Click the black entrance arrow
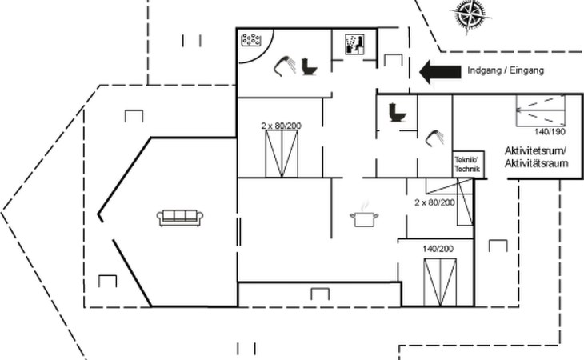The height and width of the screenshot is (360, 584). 439,72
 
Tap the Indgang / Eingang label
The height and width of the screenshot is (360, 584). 505,71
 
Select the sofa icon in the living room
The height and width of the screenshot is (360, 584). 181,217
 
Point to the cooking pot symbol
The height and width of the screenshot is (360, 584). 364,216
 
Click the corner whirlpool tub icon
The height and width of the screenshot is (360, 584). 254,39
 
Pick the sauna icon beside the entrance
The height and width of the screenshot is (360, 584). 354,43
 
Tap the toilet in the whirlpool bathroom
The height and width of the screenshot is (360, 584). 309,66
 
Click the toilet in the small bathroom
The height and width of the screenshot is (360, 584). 396,113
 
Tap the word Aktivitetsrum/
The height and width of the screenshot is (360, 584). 535,151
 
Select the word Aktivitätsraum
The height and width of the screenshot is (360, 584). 536,164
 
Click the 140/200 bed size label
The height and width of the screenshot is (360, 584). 438,250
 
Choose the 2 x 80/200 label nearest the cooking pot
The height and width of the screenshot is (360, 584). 434,202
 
